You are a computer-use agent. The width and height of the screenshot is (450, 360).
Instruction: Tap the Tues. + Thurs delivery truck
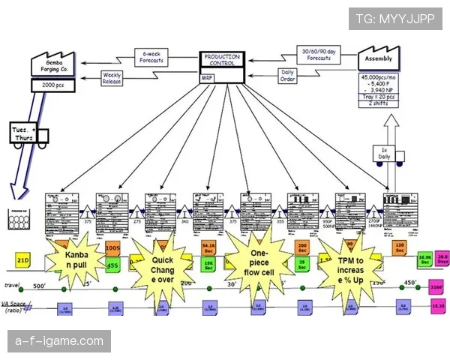(30, 135)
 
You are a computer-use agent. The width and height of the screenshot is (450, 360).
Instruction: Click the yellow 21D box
(23, 259)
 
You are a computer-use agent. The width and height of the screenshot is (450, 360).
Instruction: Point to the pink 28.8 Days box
(442, 257)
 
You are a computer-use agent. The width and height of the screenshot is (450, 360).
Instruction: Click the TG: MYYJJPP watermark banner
(394, 18)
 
